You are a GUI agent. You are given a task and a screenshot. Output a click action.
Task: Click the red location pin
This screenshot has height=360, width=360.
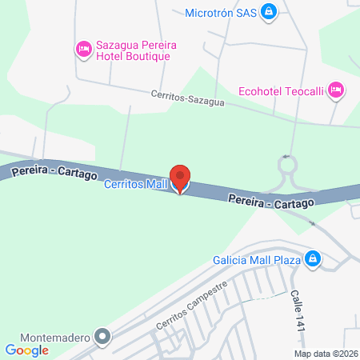[x=180, y=178]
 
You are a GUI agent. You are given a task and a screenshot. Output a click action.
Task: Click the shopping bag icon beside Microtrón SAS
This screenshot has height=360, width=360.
[x=271, y=11]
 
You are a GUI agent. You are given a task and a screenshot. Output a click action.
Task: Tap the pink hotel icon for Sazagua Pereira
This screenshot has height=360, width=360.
[x=83, y=50]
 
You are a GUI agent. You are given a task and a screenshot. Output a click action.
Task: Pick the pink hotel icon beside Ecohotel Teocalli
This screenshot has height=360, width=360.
[x=336, y=90]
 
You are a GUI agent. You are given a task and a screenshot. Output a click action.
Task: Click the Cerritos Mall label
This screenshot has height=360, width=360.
[x=134, y=185]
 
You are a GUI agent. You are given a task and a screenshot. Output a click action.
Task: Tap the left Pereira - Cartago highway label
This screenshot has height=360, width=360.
[x=54, y=171]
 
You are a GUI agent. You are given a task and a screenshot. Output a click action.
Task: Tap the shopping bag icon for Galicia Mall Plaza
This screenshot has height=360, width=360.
[x=314, y=259]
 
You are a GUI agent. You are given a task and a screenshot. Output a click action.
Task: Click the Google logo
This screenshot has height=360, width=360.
[x=27, y=350]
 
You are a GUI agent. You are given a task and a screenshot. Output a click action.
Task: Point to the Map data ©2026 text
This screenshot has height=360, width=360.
[x=326, y=353]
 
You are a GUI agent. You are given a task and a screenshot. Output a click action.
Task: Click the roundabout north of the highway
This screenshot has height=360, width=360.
[x=287, y=170]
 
